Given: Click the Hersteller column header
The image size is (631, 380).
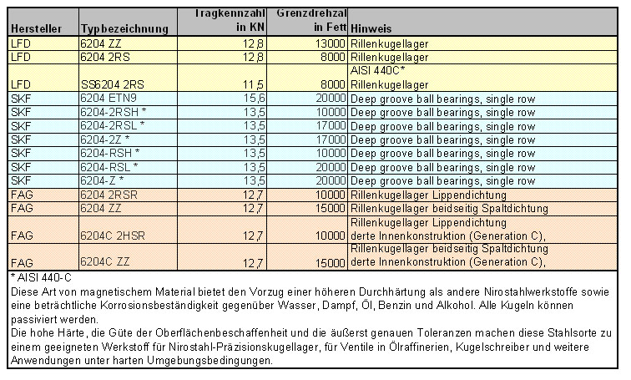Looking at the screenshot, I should (34, 28).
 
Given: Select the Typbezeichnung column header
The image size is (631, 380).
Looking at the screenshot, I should (124, 29).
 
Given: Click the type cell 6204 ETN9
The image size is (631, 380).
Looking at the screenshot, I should (109, 98).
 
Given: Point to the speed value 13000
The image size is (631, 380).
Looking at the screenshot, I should (326, 43).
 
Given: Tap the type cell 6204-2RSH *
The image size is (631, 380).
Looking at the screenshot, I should (114, 111).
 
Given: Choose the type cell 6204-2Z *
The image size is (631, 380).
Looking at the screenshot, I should (105, 139).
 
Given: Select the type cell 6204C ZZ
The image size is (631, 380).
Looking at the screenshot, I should (105, 263).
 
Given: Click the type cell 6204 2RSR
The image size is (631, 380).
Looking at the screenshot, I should (108, 194).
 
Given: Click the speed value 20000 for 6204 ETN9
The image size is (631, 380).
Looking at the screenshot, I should (326, 98).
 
